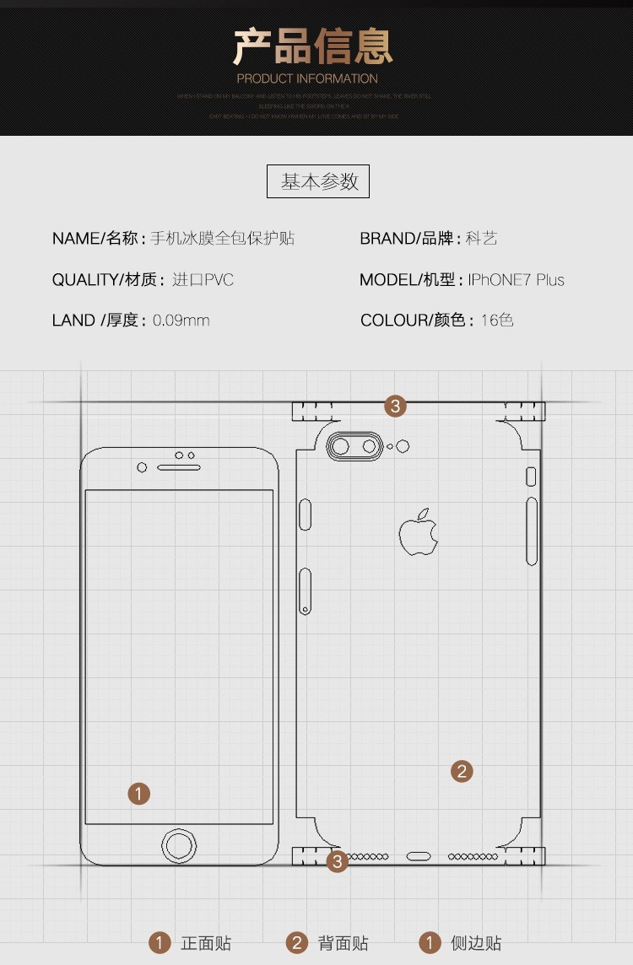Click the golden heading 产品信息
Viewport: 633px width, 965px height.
click(x=313, y=46)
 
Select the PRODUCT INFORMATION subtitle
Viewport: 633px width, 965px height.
click(x=307, y=78)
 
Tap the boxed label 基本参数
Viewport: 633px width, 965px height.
click(x=318, y=181)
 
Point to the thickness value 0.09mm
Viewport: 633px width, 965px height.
click(x=181, y=321)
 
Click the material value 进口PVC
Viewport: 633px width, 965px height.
click(x=203, y=280)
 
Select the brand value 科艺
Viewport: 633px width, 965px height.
click(x=481, y=239)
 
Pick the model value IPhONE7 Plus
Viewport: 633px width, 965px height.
click(x=517, y=280)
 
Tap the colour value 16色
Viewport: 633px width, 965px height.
click(x=497, y=321)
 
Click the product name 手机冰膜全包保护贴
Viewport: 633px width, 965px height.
click(x=222, y=239)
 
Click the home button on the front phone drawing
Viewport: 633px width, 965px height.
click(x=179, y=844)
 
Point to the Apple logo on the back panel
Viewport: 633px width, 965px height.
click(x=419, y=532)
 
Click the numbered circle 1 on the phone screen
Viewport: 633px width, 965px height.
click(x=139, y=793)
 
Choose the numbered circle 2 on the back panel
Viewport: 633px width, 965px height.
click(x=461, y=770)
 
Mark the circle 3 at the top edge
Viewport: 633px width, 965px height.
click(x=396, y=406)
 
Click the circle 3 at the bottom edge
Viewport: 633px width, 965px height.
click(x=338, y=861)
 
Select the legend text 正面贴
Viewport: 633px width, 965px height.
click(x=206, y=943)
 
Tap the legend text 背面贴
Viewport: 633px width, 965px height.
click(x=344, y=943)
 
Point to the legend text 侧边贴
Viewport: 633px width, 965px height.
click(x=476, y=943)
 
